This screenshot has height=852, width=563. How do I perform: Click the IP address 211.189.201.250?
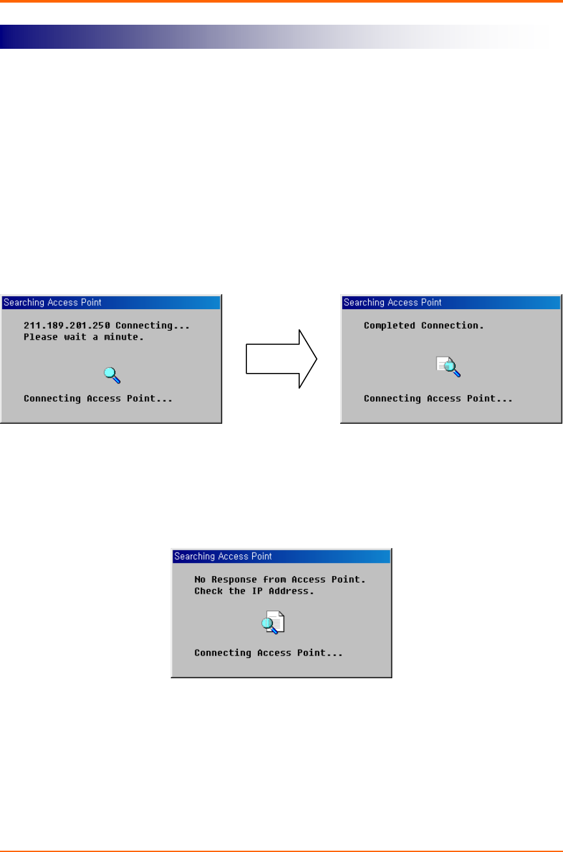click(x=67, y=325)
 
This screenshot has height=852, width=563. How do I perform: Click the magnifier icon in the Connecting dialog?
click(x=113, y=374)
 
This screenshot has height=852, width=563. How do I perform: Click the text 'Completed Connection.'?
click(x=424, y=325)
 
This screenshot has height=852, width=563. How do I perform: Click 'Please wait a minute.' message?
click(x=83, y=337)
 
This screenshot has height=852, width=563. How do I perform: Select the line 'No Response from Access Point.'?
click(x=280, y=579)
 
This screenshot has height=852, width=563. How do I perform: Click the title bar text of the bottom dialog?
click(x=223, y=557)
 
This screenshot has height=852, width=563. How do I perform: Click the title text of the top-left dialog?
click(x=53, y=303)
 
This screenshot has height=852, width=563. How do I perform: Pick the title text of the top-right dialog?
click(x=393, y=303)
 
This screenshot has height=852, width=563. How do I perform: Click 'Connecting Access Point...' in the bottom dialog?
click(x=268, y=652)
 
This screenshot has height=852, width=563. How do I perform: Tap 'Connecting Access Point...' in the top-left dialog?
click(x=98, y=398)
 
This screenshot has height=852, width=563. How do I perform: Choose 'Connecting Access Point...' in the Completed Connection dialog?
click(x=438, y=398)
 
